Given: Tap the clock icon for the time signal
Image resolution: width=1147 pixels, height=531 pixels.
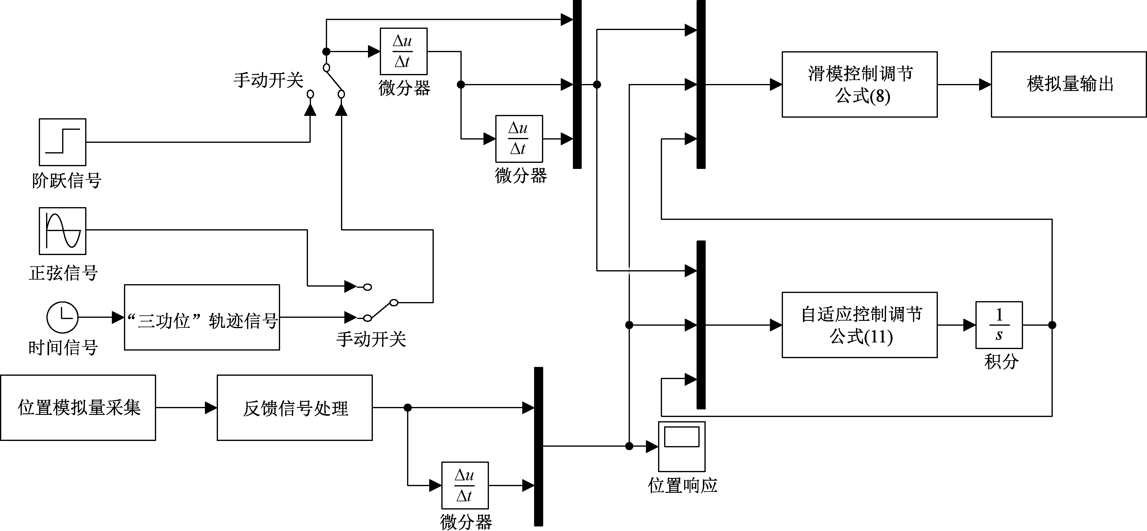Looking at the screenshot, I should coord(62,317).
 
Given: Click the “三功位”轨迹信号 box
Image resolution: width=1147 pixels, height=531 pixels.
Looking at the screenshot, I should coord(202,318).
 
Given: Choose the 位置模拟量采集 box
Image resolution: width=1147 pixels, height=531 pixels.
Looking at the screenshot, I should coord(78,408).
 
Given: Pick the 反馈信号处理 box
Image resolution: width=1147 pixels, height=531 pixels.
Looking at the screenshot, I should coord(294,408).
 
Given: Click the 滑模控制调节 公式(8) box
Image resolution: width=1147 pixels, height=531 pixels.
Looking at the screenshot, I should coord(859,85).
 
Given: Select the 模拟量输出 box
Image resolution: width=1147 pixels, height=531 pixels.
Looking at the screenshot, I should coord(1068,85).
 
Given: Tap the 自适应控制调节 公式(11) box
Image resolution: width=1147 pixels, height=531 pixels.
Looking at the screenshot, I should coord(859,325).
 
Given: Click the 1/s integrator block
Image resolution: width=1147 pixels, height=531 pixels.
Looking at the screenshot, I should coord(999,325).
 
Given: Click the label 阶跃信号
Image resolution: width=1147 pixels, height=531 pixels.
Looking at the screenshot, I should coord(67,181).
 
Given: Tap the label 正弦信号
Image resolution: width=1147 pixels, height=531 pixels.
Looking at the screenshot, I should coord(63,273).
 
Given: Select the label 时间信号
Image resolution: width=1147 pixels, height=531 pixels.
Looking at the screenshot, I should coord(63,348).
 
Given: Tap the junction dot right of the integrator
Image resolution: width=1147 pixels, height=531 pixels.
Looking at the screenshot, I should coord(1052,325).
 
